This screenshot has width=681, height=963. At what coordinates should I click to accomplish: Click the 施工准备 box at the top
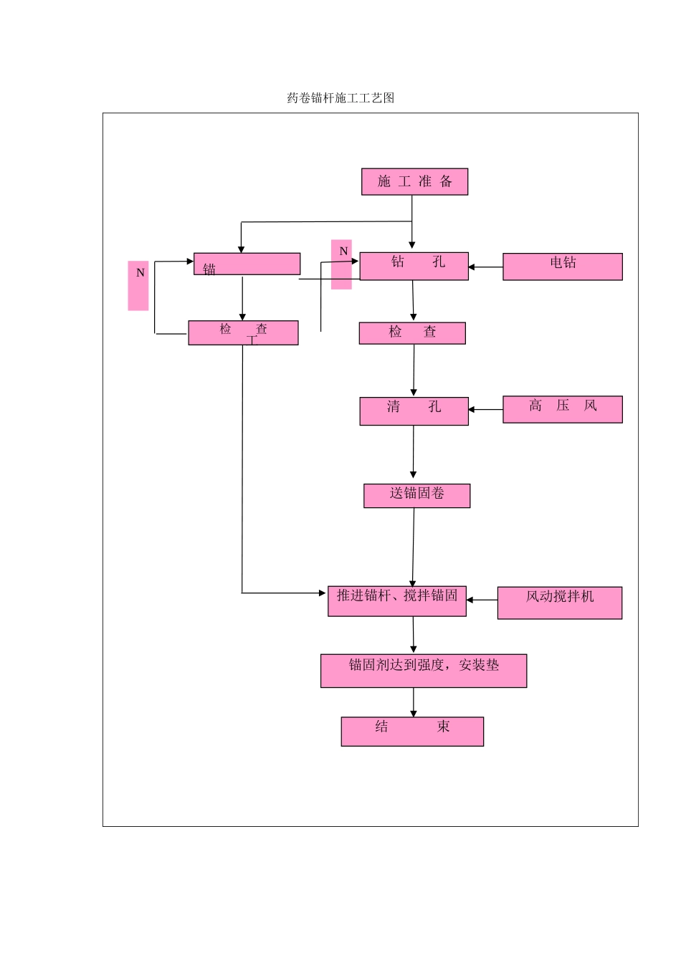click(414, 182)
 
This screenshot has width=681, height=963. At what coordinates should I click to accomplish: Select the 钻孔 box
click(414, 266)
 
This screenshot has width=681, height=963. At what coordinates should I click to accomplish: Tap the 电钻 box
click(562, 267)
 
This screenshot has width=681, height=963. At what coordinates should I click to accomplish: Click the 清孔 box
click(414, 411)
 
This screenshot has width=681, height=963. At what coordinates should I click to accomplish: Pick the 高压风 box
click(562, 409)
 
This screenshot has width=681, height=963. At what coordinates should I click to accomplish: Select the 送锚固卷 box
click(416, 496)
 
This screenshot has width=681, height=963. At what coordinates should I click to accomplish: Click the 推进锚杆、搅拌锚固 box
click(397, 601)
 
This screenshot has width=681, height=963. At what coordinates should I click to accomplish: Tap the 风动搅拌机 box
click(559, 603)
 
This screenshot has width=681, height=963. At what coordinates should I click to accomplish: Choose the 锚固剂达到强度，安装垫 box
click(423, 671)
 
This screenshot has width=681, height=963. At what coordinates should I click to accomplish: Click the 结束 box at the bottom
click(412, 732)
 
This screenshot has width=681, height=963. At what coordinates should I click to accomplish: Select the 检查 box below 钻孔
click(412, 333)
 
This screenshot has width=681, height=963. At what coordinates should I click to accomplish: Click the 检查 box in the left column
click(243, 333)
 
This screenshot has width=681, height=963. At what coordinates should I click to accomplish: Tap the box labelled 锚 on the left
click(247, 264)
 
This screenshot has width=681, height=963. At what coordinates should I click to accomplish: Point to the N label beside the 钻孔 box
click(342, 264)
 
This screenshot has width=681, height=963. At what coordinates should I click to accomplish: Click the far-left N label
click(138, 285)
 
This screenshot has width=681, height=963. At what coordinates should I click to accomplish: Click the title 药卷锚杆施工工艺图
click(340, 98)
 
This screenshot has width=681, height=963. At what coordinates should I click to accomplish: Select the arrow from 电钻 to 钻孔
click(485, 267)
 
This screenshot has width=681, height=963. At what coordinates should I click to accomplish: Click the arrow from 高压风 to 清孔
click(485, 410)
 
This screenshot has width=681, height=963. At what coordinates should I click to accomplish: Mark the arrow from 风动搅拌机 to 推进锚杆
click(482, 600)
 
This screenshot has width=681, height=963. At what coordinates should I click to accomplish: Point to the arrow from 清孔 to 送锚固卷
click(413, 452)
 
